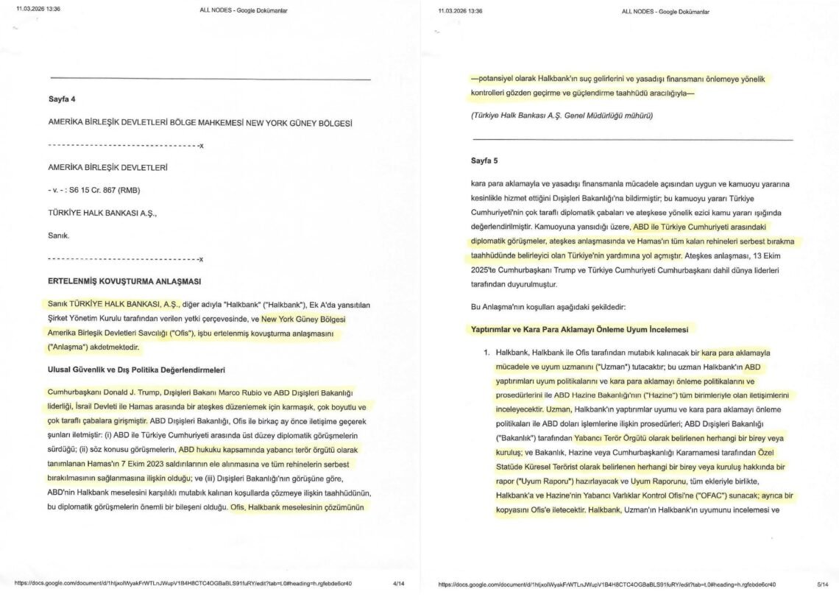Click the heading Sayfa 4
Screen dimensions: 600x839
(62, 99)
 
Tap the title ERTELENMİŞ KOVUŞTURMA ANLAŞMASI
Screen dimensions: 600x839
(124, 281)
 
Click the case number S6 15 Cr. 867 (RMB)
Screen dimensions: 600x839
(102, 191)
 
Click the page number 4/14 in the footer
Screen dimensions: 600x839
(399, 584)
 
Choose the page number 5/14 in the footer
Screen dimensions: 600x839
(822, 584)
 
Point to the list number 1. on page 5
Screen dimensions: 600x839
(487, 352)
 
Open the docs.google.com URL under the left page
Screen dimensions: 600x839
(183, 584)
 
